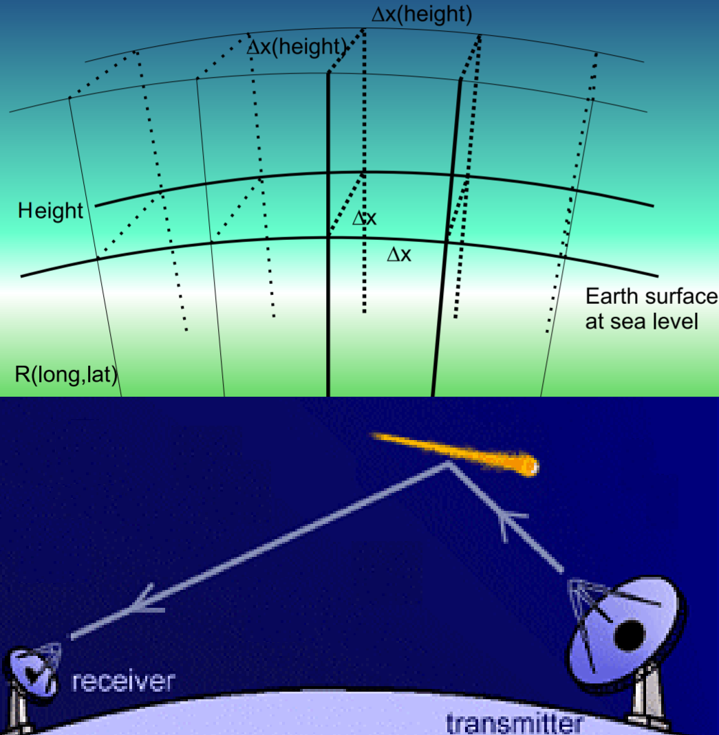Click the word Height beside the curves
[x=50, y=210]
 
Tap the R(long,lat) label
[x=67, y=375]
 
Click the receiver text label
[x=122, y=681]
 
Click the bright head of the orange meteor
[x=529, y=468]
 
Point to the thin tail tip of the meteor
[x=373, y=435]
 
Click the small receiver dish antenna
[x=32, y=670]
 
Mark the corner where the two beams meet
[x=449, y=464]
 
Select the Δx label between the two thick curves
[x=364, y=219]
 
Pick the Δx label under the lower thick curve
[x=399, y=254]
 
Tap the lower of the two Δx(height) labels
[x=295, y=47]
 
